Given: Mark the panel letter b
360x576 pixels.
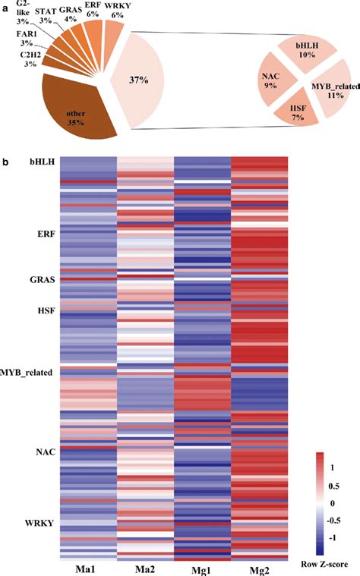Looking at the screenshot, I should tap(5, 162).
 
